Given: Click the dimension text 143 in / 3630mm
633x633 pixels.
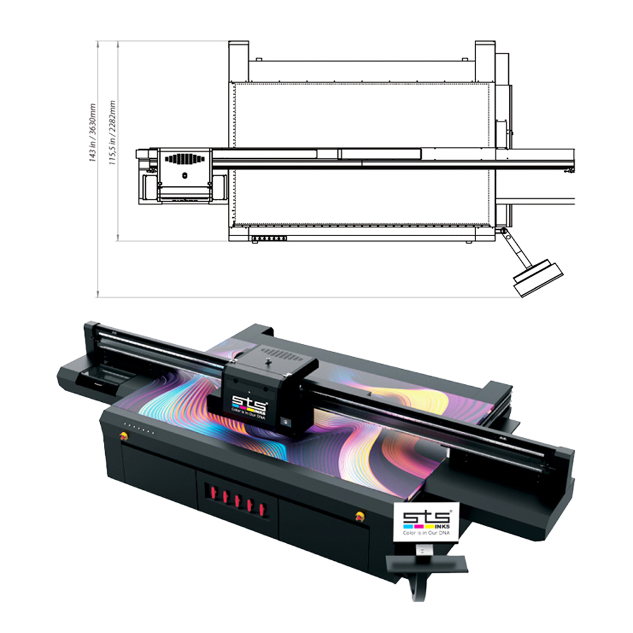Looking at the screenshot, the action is coord(92,133).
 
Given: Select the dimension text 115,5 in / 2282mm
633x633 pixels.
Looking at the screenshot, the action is coord(112,133).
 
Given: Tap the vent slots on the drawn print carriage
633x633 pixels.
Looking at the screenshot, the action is coord(184,159).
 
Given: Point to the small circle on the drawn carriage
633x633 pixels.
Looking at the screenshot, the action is coord(185,175).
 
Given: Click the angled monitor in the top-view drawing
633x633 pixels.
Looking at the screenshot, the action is coord(538,278).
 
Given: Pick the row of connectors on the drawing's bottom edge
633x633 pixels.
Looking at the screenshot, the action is coord(269,239).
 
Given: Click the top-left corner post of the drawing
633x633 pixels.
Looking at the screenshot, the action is coord(238,61).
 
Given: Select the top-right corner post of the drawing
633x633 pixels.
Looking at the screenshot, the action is coord(485,61).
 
